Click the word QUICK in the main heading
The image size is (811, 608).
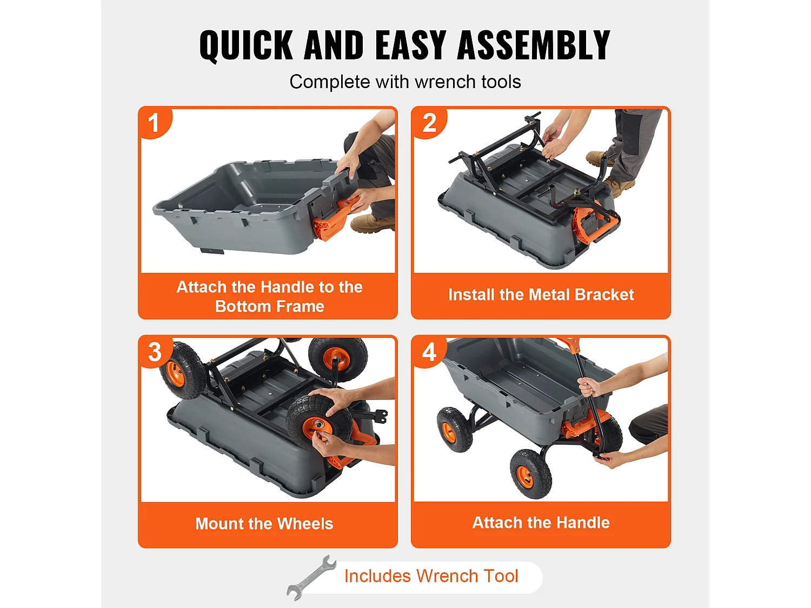[x=245, y=45]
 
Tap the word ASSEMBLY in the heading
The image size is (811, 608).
[x=533, y=45]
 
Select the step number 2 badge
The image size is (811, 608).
[x=429, y=123]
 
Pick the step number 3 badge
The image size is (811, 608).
[x=155, y=352]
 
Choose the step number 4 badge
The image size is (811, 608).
[x=429, y=352]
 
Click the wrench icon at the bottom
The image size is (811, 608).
[x=311, y=578]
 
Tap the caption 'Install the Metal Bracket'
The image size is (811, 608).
[x=541, y=295]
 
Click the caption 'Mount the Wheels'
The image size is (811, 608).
[x=264, y=524]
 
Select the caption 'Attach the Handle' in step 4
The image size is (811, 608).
[x=541, y=523]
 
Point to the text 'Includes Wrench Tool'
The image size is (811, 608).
[x=431, y=576]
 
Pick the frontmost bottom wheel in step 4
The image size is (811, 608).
[x=530, y=473]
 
